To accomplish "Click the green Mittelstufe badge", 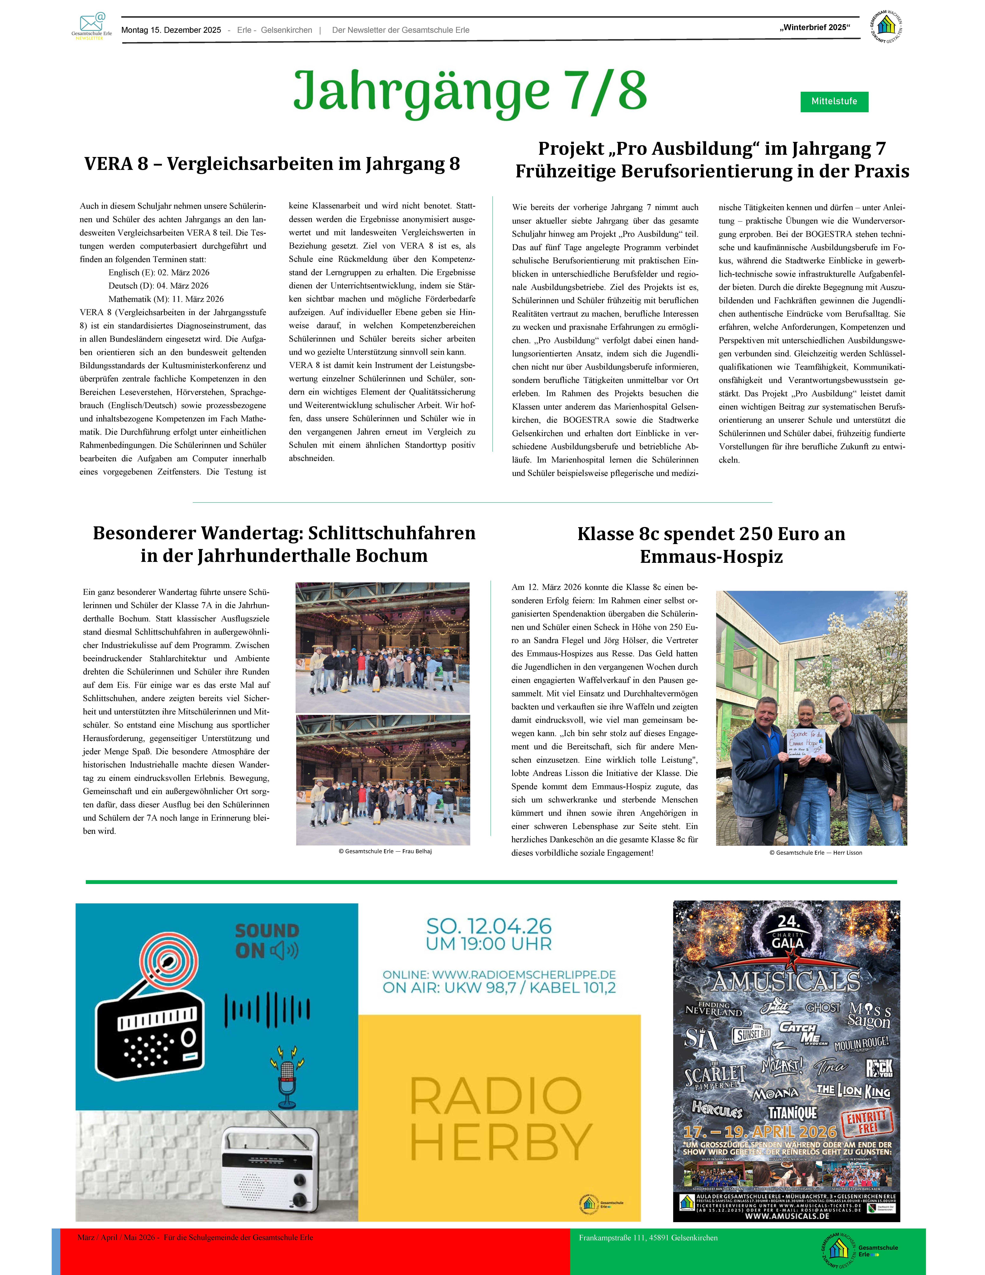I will [x=834, y=102].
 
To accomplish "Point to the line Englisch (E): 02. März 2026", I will [x=159, y=273].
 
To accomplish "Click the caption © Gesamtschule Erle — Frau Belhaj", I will [x=385, y=851].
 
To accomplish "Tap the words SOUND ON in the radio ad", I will [x=267, y=940].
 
